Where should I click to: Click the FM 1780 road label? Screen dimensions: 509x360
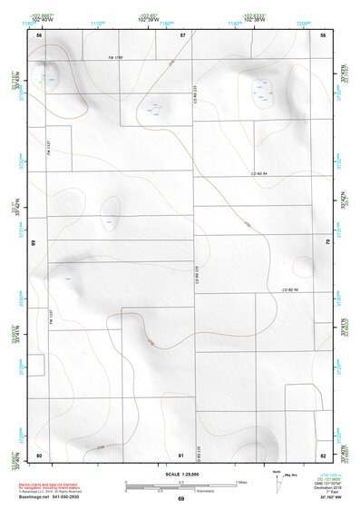click(x=115, y=59)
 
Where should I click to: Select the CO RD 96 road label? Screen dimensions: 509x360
click(x=289, y=289)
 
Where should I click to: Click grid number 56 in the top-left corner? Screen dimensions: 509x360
click(x=39, y=34)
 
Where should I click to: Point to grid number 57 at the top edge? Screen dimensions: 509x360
click(x=182, y=34)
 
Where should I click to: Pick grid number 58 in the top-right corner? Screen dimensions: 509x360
click(x=323, y=34)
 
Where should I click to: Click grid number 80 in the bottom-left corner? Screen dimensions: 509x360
click(x=39, y=454)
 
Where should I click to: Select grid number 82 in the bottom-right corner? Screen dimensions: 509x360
click(x=323, y=454)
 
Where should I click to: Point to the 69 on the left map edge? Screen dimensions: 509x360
click(x=34, y=243)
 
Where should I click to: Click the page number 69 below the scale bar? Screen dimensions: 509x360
click(x=180, y=499)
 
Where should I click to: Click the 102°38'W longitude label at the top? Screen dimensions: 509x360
click(x=254, y=20)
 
